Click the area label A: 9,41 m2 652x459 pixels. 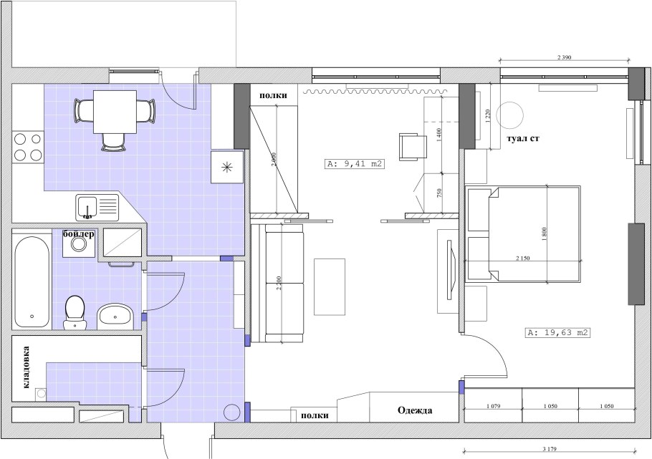point(354,163)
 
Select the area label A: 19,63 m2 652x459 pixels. point(557,332)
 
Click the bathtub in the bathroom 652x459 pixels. point(32,282)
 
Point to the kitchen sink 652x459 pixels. point(97,208)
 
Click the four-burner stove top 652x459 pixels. point(28,147)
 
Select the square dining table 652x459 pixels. point(115,112)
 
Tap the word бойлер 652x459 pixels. point(79,234)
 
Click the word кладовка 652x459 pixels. point(27,367)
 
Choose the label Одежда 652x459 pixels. point(415,410)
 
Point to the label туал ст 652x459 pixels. point(523,138)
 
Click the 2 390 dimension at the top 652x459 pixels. point(564,58)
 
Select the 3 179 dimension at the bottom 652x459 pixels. point(550,449)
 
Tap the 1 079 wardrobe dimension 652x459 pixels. point(493,406)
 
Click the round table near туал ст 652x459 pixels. point(509,115)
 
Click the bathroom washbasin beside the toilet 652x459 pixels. point(115,317)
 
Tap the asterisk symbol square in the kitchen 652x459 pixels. point(227,167)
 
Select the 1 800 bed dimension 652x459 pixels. point(545,234)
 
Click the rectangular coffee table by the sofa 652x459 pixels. point(330,287)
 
